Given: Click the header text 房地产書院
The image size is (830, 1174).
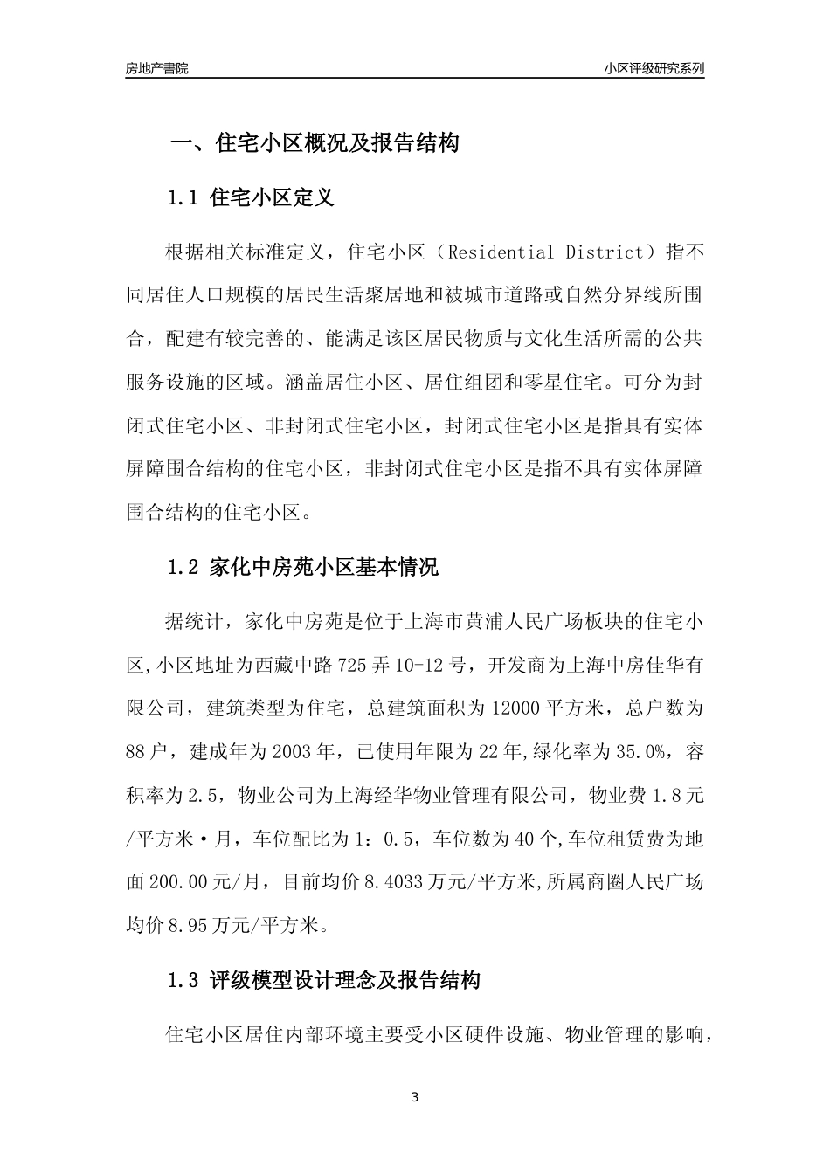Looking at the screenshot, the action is [157, 68].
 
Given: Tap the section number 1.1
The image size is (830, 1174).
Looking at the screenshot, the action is [184, 197].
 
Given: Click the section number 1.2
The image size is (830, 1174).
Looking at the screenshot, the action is [184, 568].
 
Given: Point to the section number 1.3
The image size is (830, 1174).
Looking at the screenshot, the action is [184, 980].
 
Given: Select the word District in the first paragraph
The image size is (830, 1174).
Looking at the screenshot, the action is [604, 253].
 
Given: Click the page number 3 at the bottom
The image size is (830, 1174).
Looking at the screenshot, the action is [415, 1097].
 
